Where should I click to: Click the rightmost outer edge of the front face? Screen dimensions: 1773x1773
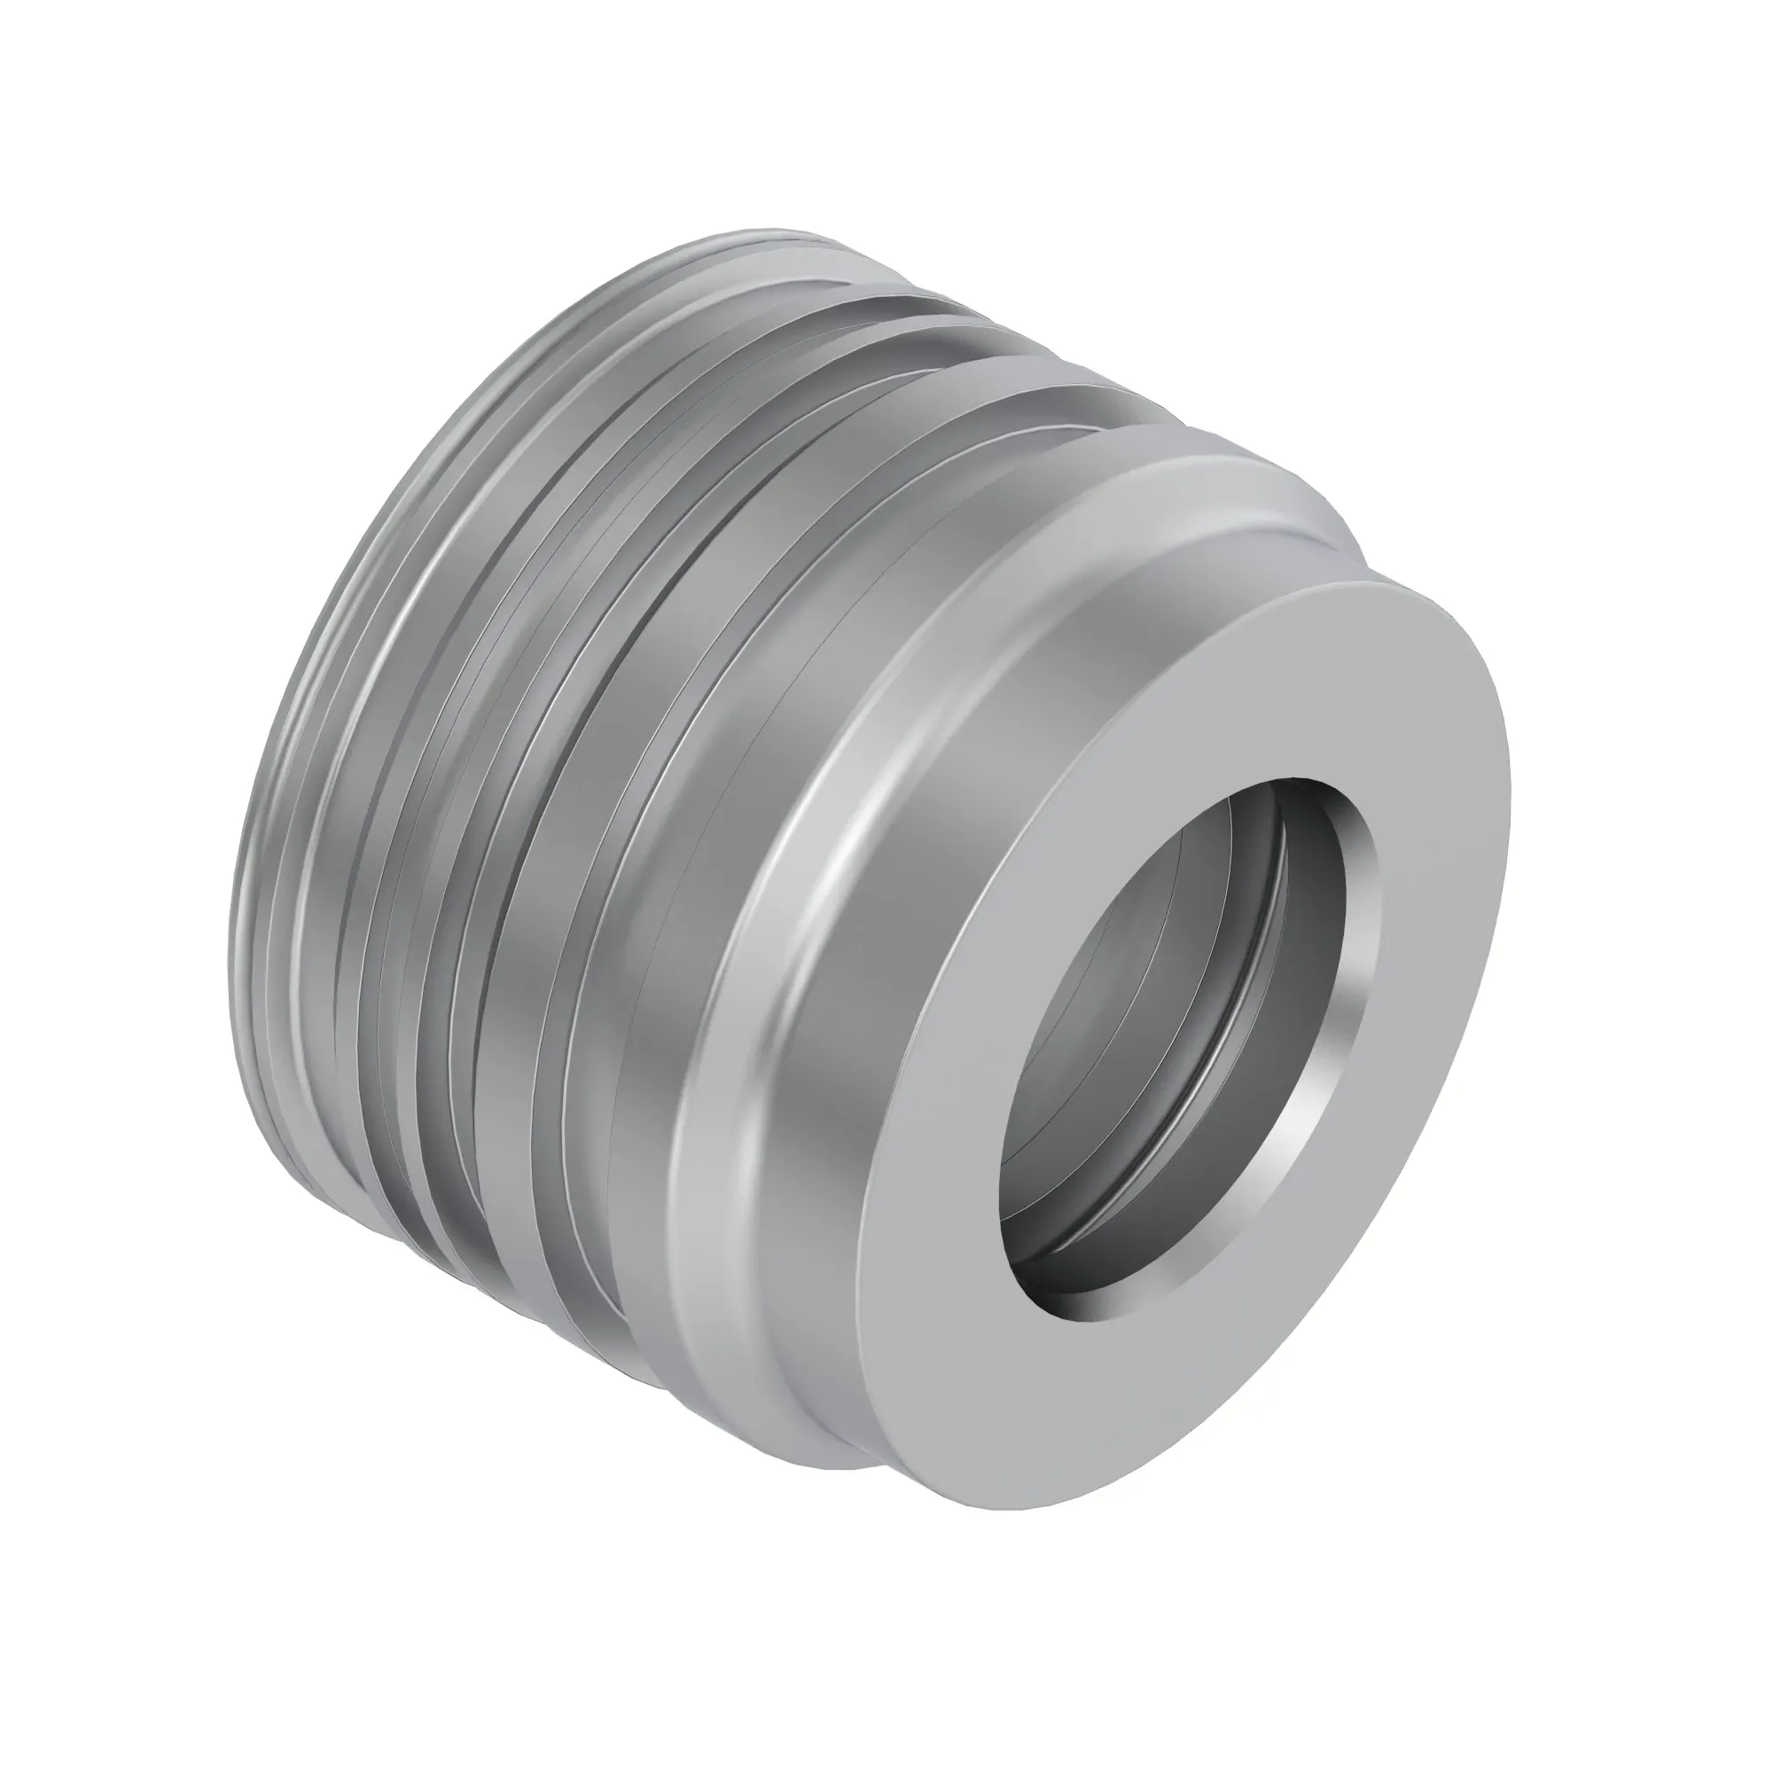(1510, 789)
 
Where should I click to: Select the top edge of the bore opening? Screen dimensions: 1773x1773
(1303, 780)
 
